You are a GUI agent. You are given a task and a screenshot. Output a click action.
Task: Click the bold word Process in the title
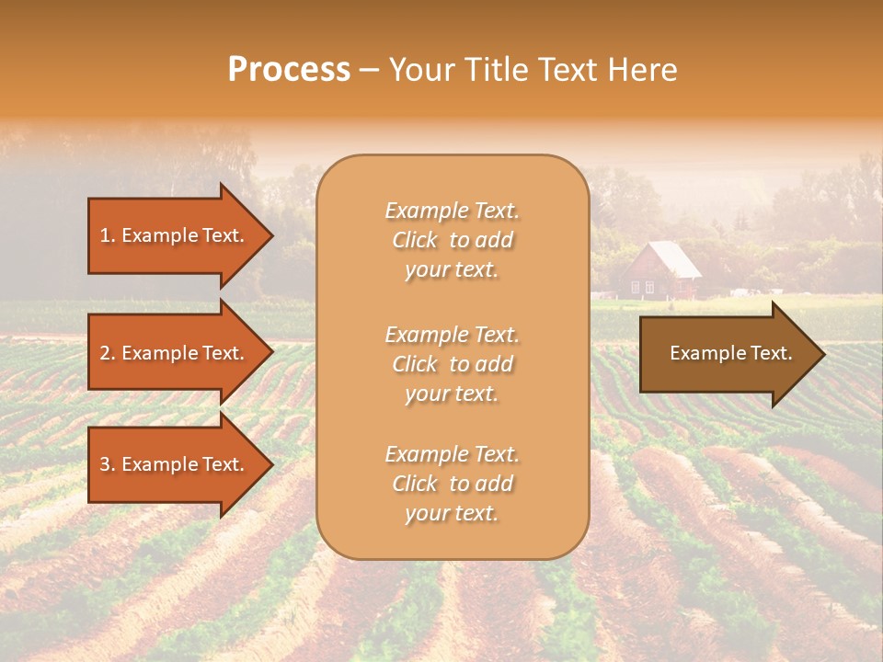(x=289, y=70)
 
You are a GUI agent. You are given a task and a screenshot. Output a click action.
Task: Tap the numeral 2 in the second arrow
(x=105, y=353)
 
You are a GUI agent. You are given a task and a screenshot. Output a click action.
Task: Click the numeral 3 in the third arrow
(x=105, y=464)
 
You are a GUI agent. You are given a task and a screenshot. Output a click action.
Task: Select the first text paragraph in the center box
(x=452, y=240)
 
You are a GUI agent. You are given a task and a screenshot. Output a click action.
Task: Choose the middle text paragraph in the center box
(x=452, y=364)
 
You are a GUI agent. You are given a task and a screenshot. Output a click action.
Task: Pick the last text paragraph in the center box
(x=452, y=484)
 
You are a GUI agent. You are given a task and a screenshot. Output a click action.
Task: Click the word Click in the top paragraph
(x=415, y=240)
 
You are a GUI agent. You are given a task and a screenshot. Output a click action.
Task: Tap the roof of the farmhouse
(x=668, y=259)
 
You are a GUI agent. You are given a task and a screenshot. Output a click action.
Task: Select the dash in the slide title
(x=369, y=70)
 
